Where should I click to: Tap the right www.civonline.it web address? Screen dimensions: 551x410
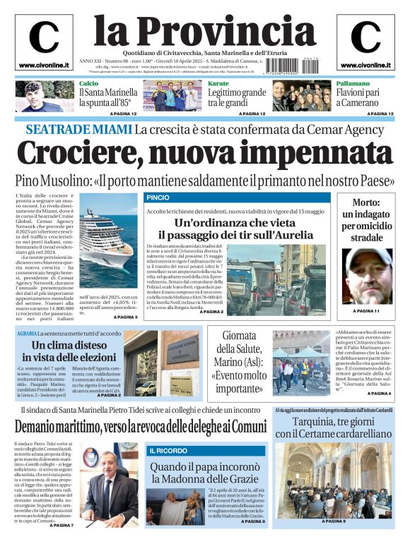[365, 66]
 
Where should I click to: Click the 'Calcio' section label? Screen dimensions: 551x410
[88, 84]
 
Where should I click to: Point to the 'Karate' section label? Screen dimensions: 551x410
[218, 84]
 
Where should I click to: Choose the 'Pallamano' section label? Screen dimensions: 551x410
[353, 84]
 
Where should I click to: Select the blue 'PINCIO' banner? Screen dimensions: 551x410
[158, 197]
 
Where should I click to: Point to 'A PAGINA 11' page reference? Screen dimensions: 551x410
[366, 311]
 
